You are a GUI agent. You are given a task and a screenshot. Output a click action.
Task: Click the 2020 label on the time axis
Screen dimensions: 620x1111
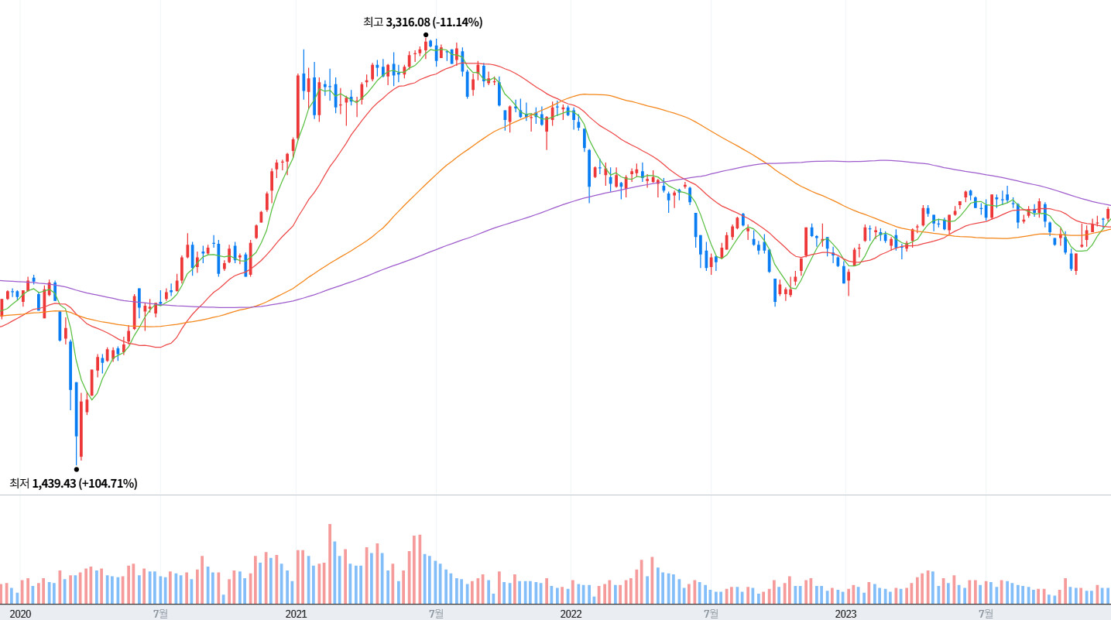pyautogui.click(x=20, y=614)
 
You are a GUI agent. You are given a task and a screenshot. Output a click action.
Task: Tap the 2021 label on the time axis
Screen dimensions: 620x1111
pyautogui.click(x=296, y=614)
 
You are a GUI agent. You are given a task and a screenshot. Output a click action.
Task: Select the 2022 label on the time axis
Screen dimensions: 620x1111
pyautogui.click(x=571, y=614)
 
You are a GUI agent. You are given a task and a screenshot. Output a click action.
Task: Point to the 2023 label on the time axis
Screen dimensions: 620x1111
pyautogui.click(x=845, y=614)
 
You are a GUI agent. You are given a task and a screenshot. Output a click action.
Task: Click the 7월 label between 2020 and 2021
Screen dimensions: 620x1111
pyautogui.click(x=160, y=614)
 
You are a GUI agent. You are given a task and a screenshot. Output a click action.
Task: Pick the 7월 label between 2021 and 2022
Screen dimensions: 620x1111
pyautogui.click(x=436, y=614)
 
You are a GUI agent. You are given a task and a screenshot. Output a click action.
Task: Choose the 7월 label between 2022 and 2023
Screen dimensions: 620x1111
pyautogui.click(x=711, y=614)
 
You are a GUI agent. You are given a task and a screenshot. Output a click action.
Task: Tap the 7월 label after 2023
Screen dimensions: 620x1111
pyautogui.click(x=986, y=614)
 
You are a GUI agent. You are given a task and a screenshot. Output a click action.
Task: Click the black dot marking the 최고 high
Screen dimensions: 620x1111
pyautogui.click(x=426, y=35)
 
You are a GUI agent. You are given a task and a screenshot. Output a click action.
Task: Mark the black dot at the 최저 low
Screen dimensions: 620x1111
pyautogui.click(x=76, y=469)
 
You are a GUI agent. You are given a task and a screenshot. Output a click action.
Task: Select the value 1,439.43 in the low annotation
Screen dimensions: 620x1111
pyautogui.click(x=53, y=484)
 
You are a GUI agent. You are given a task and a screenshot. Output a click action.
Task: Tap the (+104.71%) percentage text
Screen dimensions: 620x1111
pyautogui.click(x=108, y=484)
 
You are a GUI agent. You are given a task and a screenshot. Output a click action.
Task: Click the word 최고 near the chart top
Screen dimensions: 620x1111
pyautogui.click(x=373, y=22)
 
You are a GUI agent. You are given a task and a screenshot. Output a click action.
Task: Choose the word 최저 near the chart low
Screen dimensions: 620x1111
pyautogui.click(x=19, y=484)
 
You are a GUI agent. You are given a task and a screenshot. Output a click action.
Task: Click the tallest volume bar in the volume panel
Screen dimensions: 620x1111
pyautogui.click(x=329, y=563)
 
